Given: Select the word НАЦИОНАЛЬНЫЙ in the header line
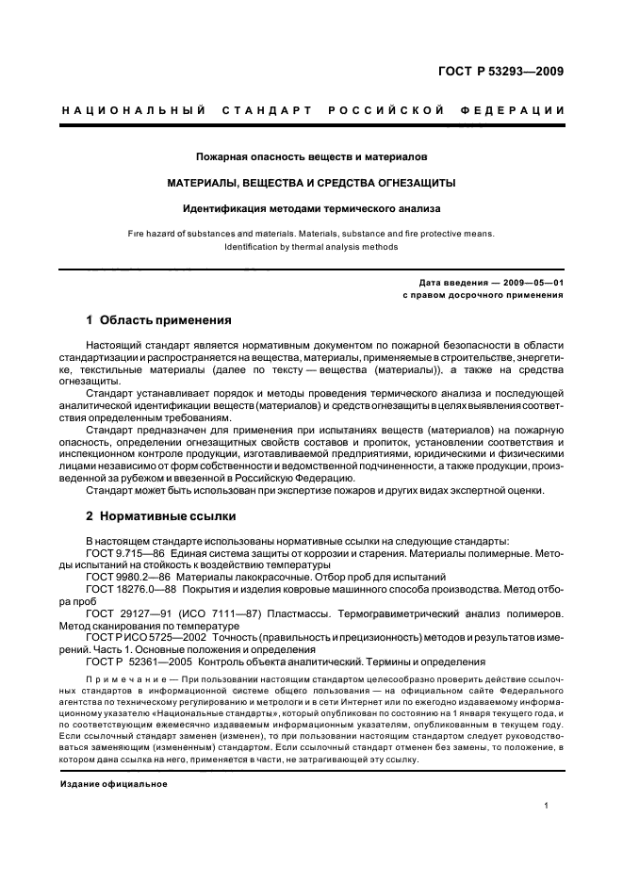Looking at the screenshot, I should tap(134, 111).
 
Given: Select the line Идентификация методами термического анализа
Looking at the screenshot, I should tap(312, 207).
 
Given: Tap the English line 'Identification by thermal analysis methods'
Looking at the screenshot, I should tap(312, 247).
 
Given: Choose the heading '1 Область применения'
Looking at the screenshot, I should tap(145, 319).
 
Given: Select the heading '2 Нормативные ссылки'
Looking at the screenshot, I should tap(148, 516).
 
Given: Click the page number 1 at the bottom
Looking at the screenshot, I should tap(547, 806).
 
